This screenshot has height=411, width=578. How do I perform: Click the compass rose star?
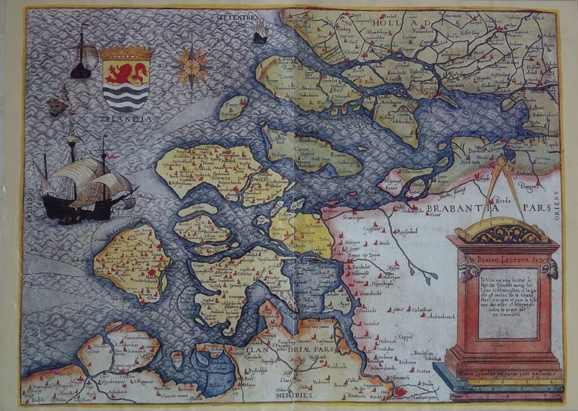pyautogui.click(x=191, y=67)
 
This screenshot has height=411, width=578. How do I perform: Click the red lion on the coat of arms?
pyautogui.click(x=126, y=73)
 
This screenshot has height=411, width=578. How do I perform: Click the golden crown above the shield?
pyautogui.click(x=126, y=53)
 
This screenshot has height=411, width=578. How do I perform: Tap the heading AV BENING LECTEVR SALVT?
pyautogui.click(x=502, y=261)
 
